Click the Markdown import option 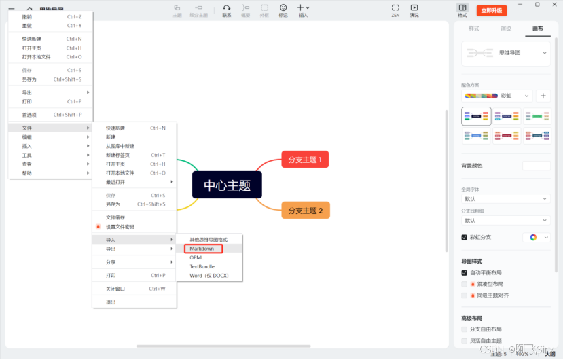[x=202, y=249]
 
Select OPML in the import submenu [x=196, y=257]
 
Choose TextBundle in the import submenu [x=202, y=266]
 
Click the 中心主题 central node [x=227, y=185]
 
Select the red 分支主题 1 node [x=305, y=160]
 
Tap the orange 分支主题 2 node [x=305, y=210]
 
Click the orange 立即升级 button [x=491, y=10]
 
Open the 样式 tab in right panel [x=474, y=29]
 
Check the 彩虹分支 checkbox [x=465, y=238]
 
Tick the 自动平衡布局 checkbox [x=465, y=272]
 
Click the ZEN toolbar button [x=395, y=10]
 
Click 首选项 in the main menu [x=30, y=115]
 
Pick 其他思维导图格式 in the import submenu [x=208, y=240]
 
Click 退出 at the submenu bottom [x=111, y=302]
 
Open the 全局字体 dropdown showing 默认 [x=506, y=199]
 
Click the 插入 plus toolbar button [x=303, y=10]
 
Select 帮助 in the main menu [x=27, y=173]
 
